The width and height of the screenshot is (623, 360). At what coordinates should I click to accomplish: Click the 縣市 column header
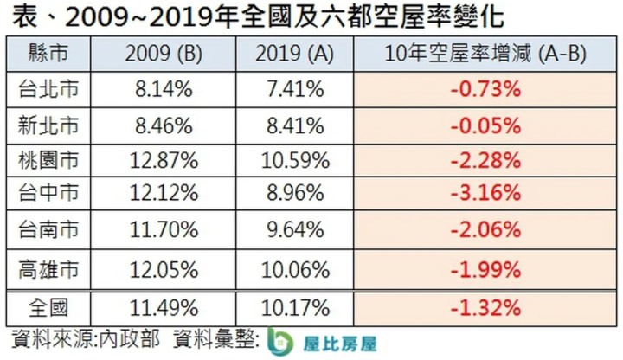[x=48, y=54]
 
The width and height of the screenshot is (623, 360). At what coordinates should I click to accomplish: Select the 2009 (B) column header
[x=164, y=54]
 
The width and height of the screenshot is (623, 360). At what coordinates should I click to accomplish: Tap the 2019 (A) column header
[x=294, y=54]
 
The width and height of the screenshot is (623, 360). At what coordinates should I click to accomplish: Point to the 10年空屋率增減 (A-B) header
[x=485, y=54]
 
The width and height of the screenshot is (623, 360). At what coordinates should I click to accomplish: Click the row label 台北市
[x=48, y=89]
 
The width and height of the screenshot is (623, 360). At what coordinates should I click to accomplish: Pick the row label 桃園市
[x=48, y=161]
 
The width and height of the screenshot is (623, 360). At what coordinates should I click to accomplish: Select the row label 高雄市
[x=48, y=270]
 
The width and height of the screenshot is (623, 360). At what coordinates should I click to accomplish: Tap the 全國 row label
[x=48, y=308]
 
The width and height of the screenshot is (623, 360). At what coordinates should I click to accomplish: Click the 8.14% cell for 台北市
[x=164, y=89]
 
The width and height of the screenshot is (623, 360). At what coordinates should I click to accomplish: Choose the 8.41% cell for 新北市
[x=295, y=126]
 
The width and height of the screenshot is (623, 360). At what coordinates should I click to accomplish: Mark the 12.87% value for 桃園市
[x=164, y=161]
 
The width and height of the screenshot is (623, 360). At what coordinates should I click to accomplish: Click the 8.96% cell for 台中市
[x=295, y=193]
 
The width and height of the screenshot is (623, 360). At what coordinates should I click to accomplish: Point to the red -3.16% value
[x=485, y=193]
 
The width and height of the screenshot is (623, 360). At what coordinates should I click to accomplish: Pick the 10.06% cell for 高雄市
[x=295, y=270]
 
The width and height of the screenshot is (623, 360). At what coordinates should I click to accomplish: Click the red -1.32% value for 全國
[x=485, y=308]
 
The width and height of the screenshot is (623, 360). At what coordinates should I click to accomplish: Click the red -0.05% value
[x=485, y=126]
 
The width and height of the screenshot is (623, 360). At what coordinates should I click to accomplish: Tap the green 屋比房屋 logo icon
[x=279, y=342]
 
